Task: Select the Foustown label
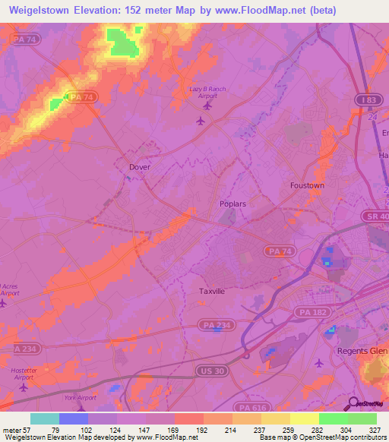307,185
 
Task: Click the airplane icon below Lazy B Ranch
201,121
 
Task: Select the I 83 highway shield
368,100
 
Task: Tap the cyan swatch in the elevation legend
44,418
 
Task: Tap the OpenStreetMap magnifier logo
353,403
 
